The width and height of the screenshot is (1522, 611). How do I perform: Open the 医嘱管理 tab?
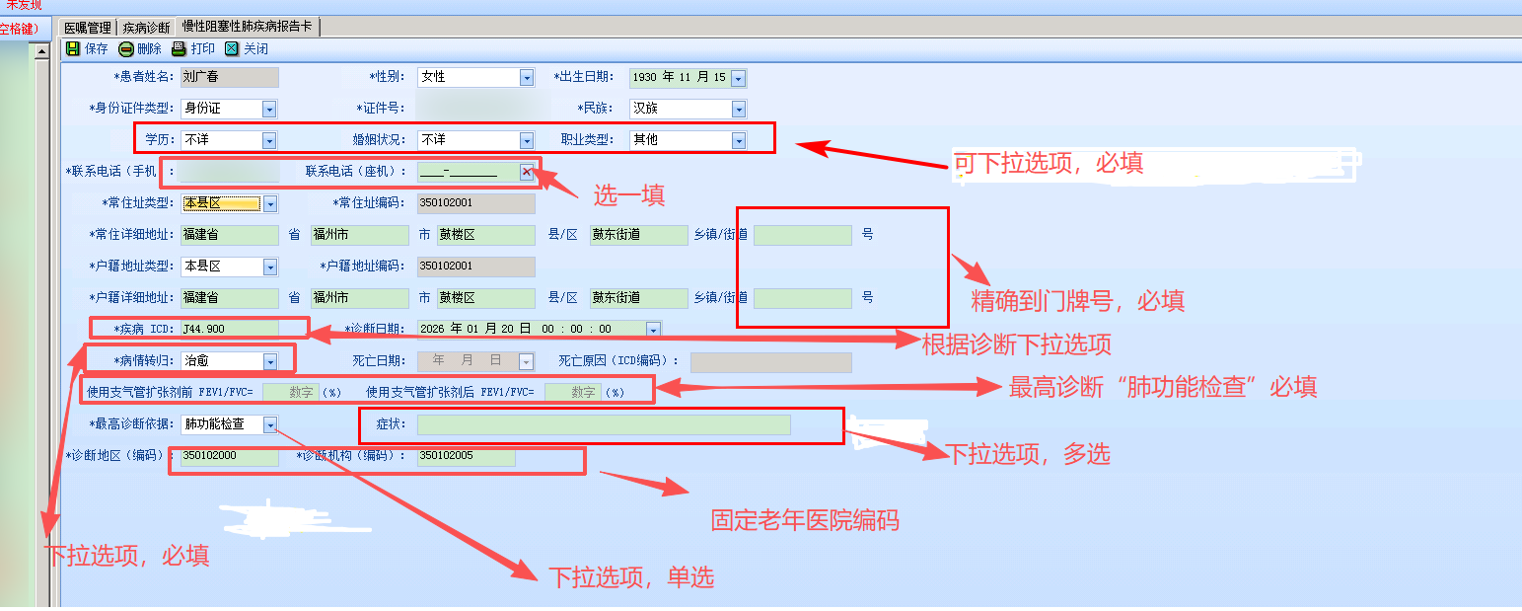click(x=88, y=28)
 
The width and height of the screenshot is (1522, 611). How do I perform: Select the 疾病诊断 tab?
click(x=146, y=28)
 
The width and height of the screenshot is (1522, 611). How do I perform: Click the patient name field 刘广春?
click(x=229, y=77)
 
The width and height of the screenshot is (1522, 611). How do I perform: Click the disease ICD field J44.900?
click(x=229, y=329)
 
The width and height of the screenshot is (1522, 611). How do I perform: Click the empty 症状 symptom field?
click(x=604, y=424)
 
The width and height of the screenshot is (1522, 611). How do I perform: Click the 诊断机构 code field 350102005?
click(x=465, y=457)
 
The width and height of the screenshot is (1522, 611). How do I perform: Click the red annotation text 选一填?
click(x=629, y=195)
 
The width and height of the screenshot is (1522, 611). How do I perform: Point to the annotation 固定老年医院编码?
click(x=805, y=520)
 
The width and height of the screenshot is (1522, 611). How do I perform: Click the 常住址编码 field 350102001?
click(x=475, y=203)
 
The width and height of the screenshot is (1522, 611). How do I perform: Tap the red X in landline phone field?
click(x=527, y=172)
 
